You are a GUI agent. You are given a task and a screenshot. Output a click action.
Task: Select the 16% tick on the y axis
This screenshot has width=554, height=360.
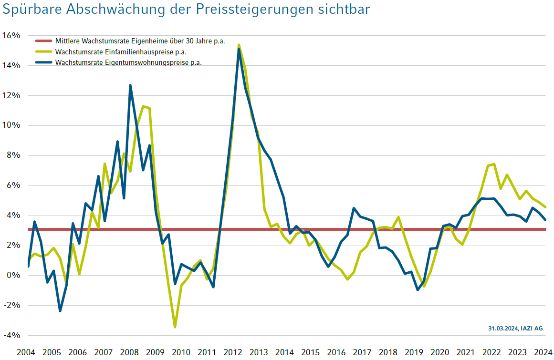point(11,36)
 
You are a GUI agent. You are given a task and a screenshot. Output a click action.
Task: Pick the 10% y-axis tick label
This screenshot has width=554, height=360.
point(11,126)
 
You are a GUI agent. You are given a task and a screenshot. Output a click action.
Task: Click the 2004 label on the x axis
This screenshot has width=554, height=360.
point(26,353)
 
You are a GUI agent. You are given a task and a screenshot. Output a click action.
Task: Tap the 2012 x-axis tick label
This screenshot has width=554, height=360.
point(233,353)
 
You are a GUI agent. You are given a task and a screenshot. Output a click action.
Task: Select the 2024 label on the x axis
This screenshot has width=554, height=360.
point(543,353)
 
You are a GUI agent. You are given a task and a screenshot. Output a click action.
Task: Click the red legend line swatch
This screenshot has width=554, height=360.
point(43,41)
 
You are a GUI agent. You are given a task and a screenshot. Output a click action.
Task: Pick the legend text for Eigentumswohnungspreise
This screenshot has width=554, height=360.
point(128,62)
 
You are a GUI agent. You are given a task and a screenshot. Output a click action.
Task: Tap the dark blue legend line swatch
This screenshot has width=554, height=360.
point(43,62)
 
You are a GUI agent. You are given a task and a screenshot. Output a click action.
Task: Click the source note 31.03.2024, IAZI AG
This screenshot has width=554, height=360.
point(515,329)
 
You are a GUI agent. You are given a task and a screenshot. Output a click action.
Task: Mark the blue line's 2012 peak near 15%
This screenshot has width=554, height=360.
point(239,49)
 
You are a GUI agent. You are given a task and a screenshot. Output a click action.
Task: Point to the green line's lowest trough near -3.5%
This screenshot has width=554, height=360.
point(175,327)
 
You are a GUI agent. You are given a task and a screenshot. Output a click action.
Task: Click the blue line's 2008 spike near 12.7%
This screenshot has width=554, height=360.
point(130,85)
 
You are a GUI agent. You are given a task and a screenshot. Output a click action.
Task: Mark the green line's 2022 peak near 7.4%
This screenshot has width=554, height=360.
point(494,164)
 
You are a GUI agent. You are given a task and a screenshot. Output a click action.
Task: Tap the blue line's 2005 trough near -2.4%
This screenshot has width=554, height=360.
point(60,311)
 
